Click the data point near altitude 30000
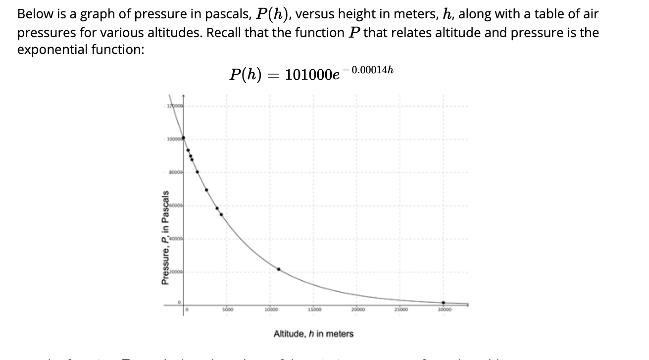coord(443,303)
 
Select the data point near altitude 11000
coord(279,269)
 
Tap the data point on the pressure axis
coord(183,138)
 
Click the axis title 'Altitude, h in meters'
coord(313,334)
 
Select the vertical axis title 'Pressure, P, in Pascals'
coord(166,238)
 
